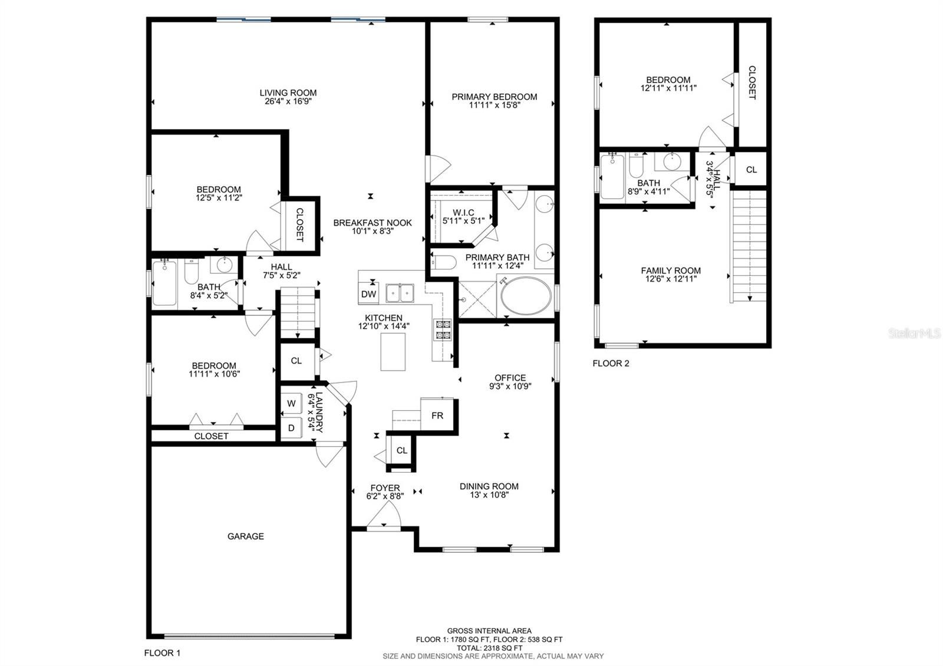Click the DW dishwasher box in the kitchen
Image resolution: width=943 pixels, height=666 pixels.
pos(368,293)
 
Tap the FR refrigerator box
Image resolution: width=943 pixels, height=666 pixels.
pos(437,415)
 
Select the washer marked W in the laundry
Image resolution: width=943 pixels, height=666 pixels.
pos(291,403)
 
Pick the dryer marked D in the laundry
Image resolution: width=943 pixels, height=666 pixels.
pos(291,428)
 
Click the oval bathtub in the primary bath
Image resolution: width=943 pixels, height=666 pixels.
pos(526,295)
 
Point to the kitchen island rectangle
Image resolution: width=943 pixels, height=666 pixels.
pos(393,351)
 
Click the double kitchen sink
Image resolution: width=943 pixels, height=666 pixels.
pos(400,293)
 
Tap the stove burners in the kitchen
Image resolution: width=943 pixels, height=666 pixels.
pos(443,329)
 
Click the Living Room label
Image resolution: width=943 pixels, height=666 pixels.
pos(288,93)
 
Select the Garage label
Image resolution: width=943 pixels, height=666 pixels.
pos(246,536)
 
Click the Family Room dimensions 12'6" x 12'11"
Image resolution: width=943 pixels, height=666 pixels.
pos(671,279)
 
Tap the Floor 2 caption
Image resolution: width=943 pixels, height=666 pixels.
pos(611,363)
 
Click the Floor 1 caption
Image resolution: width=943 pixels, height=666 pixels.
pos(162,653)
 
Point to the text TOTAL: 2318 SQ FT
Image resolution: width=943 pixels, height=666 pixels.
pos(489,648)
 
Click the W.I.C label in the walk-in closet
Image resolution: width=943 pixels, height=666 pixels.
pos(463,213)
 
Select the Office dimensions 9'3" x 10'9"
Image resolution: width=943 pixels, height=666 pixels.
pos(510,386)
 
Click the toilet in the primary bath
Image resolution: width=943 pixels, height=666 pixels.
pos(443,262)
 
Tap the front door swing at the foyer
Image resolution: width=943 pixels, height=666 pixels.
pos(384,515)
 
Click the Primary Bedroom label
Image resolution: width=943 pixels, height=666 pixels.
pos(494,97)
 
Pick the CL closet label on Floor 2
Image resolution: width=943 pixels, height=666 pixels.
pos(751,170)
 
